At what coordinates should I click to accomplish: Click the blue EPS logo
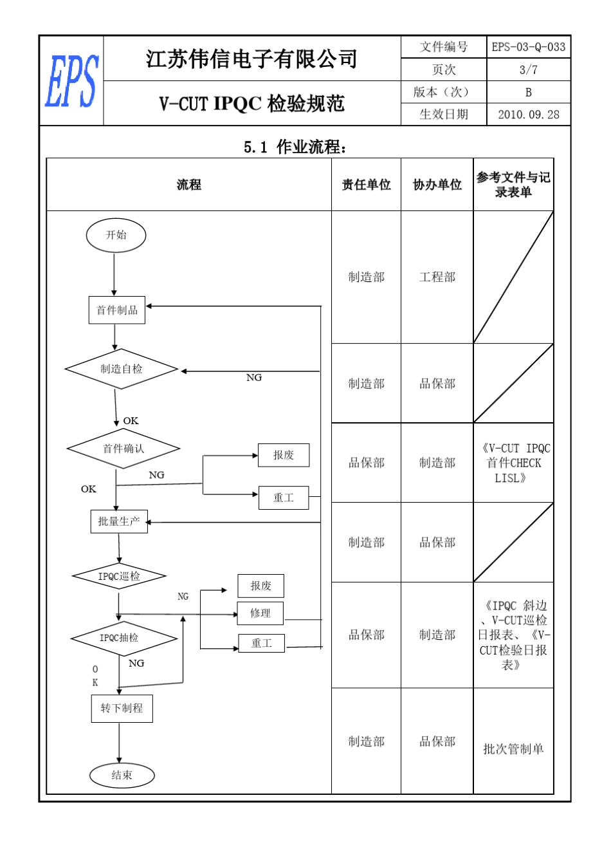click(71, 81)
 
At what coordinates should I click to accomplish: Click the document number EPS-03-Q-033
click(528, 47)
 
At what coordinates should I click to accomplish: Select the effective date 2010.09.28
click(528, 115)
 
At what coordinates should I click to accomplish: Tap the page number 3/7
click(528, 70)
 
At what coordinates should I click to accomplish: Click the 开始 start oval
click(116, 235)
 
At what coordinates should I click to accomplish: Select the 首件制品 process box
click(116, 310)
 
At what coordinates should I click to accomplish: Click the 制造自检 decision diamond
click(121, 369)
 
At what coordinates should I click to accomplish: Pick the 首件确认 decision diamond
click(123, 449)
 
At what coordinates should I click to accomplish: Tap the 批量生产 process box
click(119, 521)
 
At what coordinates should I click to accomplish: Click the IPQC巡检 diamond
click(119, 576)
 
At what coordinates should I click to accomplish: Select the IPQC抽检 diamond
click(123, 638)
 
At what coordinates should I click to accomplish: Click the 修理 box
click(260, 613)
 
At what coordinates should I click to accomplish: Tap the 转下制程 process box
click(122, 709)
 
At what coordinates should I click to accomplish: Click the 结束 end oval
click(122, 776)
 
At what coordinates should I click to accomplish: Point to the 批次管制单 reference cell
click(513, 749)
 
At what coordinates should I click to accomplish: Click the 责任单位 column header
click(366, 185)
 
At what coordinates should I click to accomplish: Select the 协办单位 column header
click(437, 185)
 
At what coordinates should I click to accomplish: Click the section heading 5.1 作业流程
click(296, 147)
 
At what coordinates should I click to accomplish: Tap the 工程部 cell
click(437, 277)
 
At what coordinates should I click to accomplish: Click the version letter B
click(528, 92)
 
